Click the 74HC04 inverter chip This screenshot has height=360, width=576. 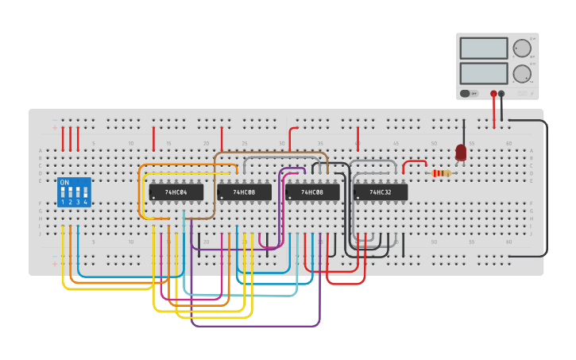(176, 192)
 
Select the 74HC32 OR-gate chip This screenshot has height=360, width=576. (381, 192)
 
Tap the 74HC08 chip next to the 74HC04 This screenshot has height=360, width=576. (245, 192)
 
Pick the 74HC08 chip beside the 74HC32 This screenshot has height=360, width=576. (312, 192)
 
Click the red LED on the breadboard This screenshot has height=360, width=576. (461, 152)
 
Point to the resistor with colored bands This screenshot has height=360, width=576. (440, 173)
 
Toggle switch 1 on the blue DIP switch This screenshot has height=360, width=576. (63, 193)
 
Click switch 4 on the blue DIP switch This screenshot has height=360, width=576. (85, 193)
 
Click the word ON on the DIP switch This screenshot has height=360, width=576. (64, 183)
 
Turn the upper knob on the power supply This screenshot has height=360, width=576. (521, 48)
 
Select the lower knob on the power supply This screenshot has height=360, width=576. (521, 74)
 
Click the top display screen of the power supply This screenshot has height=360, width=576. (483, 48)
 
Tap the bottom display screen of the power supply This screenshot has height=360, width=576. (483, 74)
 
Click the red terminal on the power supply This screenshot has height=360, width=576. (493, 94)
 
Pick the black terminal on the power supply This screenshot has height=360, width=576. (501, 94)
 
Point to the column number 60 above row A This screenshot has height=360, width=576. (509, 143)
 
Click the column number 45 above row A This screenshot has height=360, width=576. (396, 143)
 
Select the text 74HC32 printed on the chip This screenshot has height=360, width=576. (381, 192)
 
